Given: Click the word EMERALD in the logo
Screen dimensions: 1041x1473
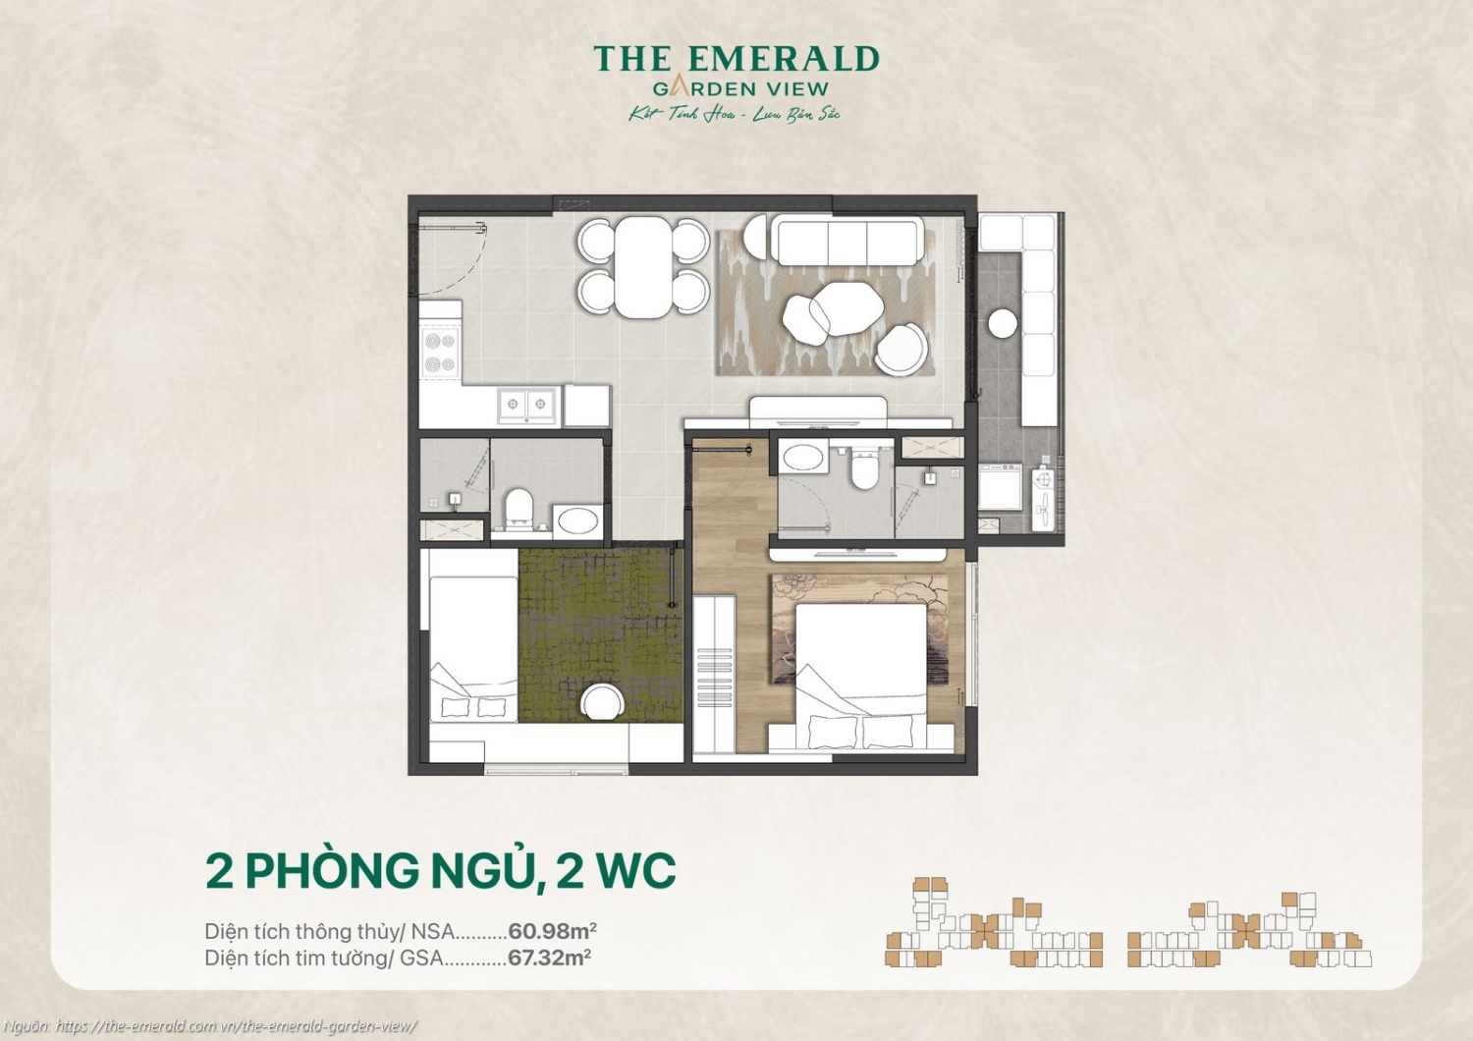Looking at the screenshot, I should tap(784, 59).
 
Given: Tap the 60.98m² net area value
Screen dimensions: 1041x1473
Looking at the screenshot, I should tap(552, 931).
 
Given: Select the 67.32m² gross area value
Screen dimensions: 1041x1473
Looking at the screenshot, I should tap(549, 958).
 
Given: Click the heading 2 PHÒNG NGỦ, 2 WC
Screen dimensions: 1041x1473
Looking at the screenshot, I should tap(440, 870).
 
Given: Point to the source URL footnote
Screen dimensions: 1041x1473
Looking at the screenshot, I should tap(210, 1026).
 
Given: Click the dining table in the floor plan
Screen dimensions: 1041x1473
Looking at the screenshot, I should tap(643, 266).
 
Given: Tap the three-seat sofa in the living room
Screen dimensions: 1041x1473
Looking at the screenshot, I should tap(846, 241).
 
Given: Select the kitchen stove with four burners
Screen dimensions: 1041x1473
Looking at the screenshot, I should tap(439, 353).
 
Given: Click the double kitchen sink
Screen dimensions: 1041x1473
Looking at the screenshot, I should tap(527, 405).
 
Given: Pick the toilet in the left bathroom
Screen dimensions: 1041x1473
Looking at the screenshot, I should tap(518, 509).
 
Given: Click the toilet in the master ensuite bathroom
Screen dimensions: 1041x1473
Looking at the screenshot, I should tap(864, 469).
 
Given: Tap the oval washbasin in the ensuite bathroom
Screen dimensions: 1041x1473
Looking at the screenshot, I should tap(803, 458).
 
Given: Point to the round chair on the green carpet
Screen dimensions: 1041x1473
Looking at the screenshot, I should tap(601, 703).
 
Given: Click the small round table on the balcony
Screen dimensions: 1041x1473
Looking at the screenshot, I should tap(1003, 323).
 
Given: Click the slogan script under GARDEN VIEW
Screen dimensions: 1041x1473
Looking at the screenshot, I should tap(735, 115).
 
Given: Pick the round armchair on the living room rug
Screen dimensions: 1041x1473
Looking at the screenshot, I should tap(901, 349).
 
